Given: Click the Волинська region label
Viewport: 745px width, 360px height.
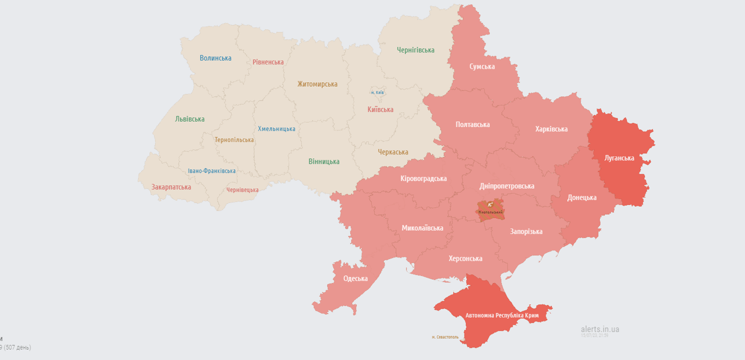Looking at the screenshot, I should pyautogui.click(x=215, y=58).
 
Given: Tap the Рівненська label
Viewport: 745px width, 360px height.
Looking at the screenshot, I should pyautogui.click(x=268, y=62).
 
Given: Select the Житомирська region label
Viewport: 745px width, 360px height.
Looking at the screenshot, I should pyautogui.click(x=317, y=84).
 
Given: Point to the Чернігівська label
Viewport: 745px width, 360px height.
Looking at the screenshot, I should pyautogui.click(x=416, y=50).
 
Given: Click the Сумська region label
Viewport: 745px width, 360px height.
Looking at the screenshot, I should pyautogui.click(x=482, y=67).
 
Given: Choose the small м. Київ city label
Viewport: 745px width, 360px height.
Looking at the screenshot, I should pyautogui.click(x=377, y=92).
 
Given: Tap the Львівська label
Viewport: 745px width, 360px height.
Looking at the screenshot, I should pyautogui.click(x=190, y=119).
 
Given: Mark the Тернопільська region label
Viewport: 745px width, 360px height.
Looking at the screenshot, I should pyautogui.click(x=234, y=140).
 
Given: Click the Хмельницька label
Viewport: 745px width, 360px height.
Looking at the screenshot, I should pyautogui.click(x=277, y=129).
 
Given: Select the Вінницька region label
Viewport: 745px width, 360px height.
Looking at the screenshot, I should pyautogui.click(x=324, y=161).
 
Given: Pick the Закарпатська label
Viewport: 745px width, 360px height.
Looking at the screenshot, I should pyautogui.click(x=171, y=187).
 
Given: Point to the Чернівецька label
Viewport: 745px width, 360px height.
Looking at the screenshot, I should pyautogui.click(x=242, y=190).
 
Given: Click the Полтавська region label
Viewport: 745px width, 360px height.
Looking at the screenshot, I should pyautogui.click(x=472, y=124).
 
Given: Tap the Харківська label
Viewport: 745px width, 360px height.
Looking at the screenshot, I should pyautogui.click(x=551, y=129).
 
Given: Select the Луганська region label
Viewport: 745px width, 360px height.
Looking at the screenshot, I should pyautogui.click(x=620, y=158).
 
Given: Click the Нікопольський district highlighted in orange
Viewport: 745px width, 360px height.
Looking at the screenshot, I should pyautogui.click(x=490, y=211).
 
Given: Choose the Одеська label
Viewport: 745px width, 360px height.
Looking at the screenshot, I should pyautogui.click(x=355, y=279).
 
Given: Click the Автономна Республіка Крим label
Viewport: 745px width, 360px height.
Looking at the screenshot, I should pyautogui.click(x=502, y=316).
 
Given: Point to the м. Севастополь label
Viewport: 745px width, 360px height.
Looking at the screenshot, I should pyautogui.click(x=449, y=337).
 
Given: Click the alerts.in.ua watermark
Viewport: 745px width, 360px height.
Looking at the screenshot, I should pyautogui.click(x=599, y=329).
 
